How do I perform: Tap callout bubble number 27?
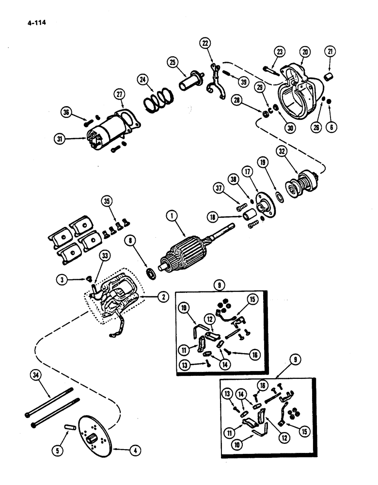120,94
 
